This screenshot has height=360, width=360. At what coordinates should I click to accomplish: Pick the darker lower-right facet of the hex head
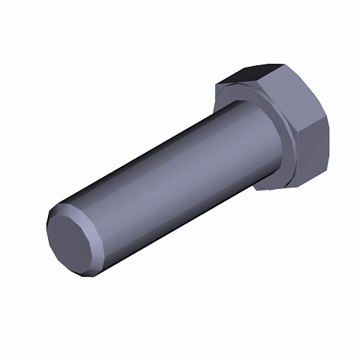[312, 154]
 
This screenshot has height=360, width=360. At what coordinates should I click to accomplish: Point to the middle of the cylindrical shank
[172, 176]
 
